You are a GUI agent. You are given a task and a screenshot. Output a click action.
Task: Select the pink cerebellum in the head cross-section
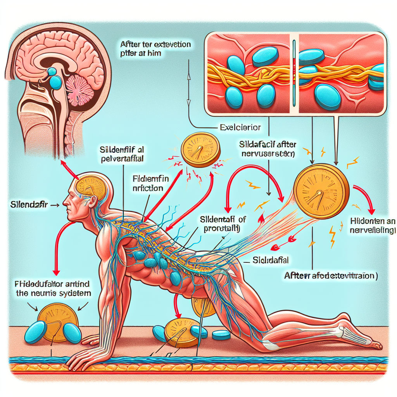[x=79, y=88]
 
